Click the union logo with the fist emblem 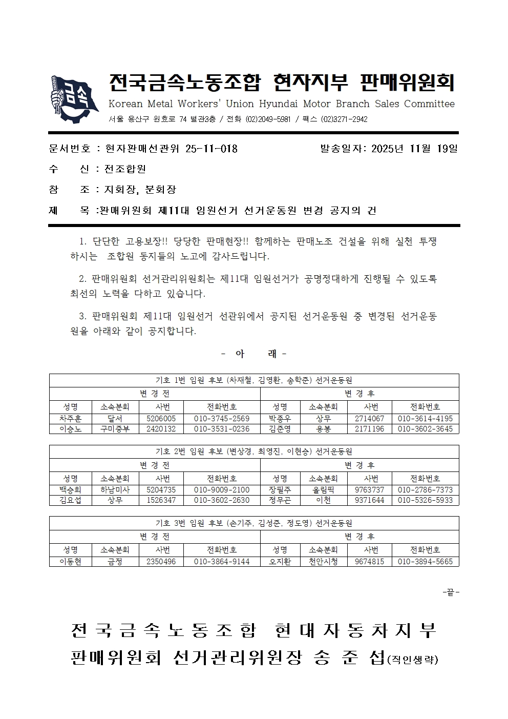pyautogui.click(x=75, y=99)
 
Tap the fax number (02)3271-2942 pyautogui.click(x=344, y=119)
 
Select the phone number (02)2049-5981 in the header pyautogui.click(x=268, y=119)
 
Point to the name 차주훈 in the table pyautogui.click(x=70, y=419)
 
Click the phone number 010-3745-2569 pyautogui.click(x=222, y=419)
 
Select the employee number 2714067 pyautogui.click(x=369, y=419)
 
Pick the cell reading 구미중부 pyautogui.click(x=115, y=429)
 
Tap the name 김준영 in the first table pyautogui.click(x=280, y=429)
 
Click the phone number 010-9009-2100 pyautogui.click(x=222, y=490)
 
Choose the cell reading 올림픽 pyautogui.click(x=323, y=490)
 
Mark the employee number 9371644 pyautogui.click(x=369, y=500)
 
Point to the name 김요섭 pyautogui.click(x=70, y=500)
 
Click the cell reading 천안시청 pyautogui.click(x=323, y=562)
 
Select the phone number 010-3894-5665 pyautogui.click(x=425, y=562)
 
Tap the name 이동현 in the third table pyautogui.click(x=70, y=562)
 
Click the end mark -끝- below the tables pyautogui.click(x=451, y=592)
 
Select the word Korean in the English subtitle pyautogui.click(x=125, y=104)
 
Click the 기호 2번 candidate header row pyautogui.click(x=254, y=451)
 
